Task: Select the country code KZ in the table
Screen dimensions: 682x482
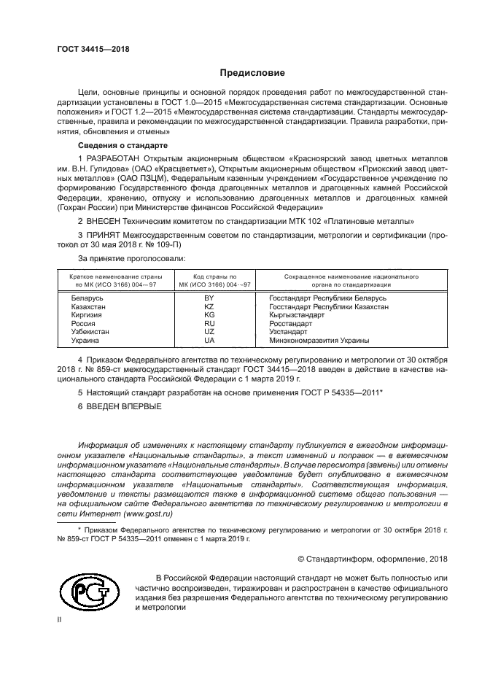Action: [209, 307]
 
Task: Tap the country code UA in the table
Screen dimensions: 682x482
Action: [209, 340]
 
